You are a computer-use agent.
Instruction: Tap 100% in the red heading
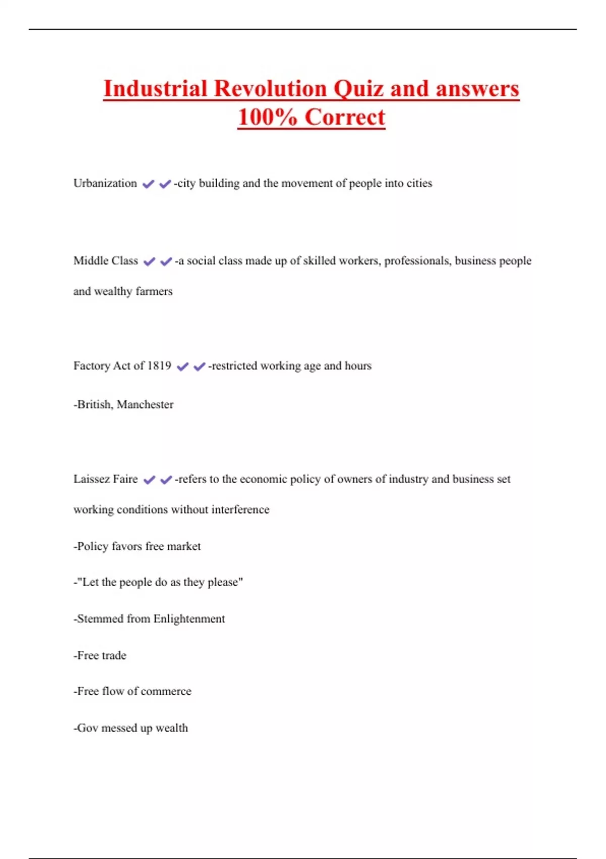pyautogui.click(x=267, y=118)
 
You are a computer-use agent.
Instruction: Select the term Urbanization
pyautogui.click(x=105, y=183)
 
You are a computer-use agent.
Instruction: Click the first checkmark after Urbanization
pyautogui.click(x=148, y=184)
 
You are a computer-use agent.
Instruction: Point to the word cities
pyautogui.click(x=419, y=183)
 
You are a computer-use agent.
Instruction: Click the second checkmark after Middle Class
pyautogui.click(x=166, y=262)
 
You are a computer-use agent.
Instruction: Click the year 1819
pyautogui.click(x=159, y=366)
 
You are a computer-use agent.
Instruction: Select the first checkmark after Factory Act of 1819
pyautogui.click(x=183, y=367)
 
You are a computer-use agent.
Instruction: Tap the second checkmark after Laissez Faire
pyautogui.click(x=166, y=480)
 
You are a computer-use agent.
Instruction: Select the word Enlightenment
pyautogui.click(x=189, y=619)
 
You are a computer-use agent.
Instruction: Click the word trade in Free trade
pyautogui.click(x=114, y=656)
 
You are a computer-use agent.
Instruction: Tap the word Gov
pyautogui.click(x=87, y=728)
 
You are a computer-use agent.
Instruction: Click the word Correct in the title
pyautogui.click(x=345, y=118)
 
